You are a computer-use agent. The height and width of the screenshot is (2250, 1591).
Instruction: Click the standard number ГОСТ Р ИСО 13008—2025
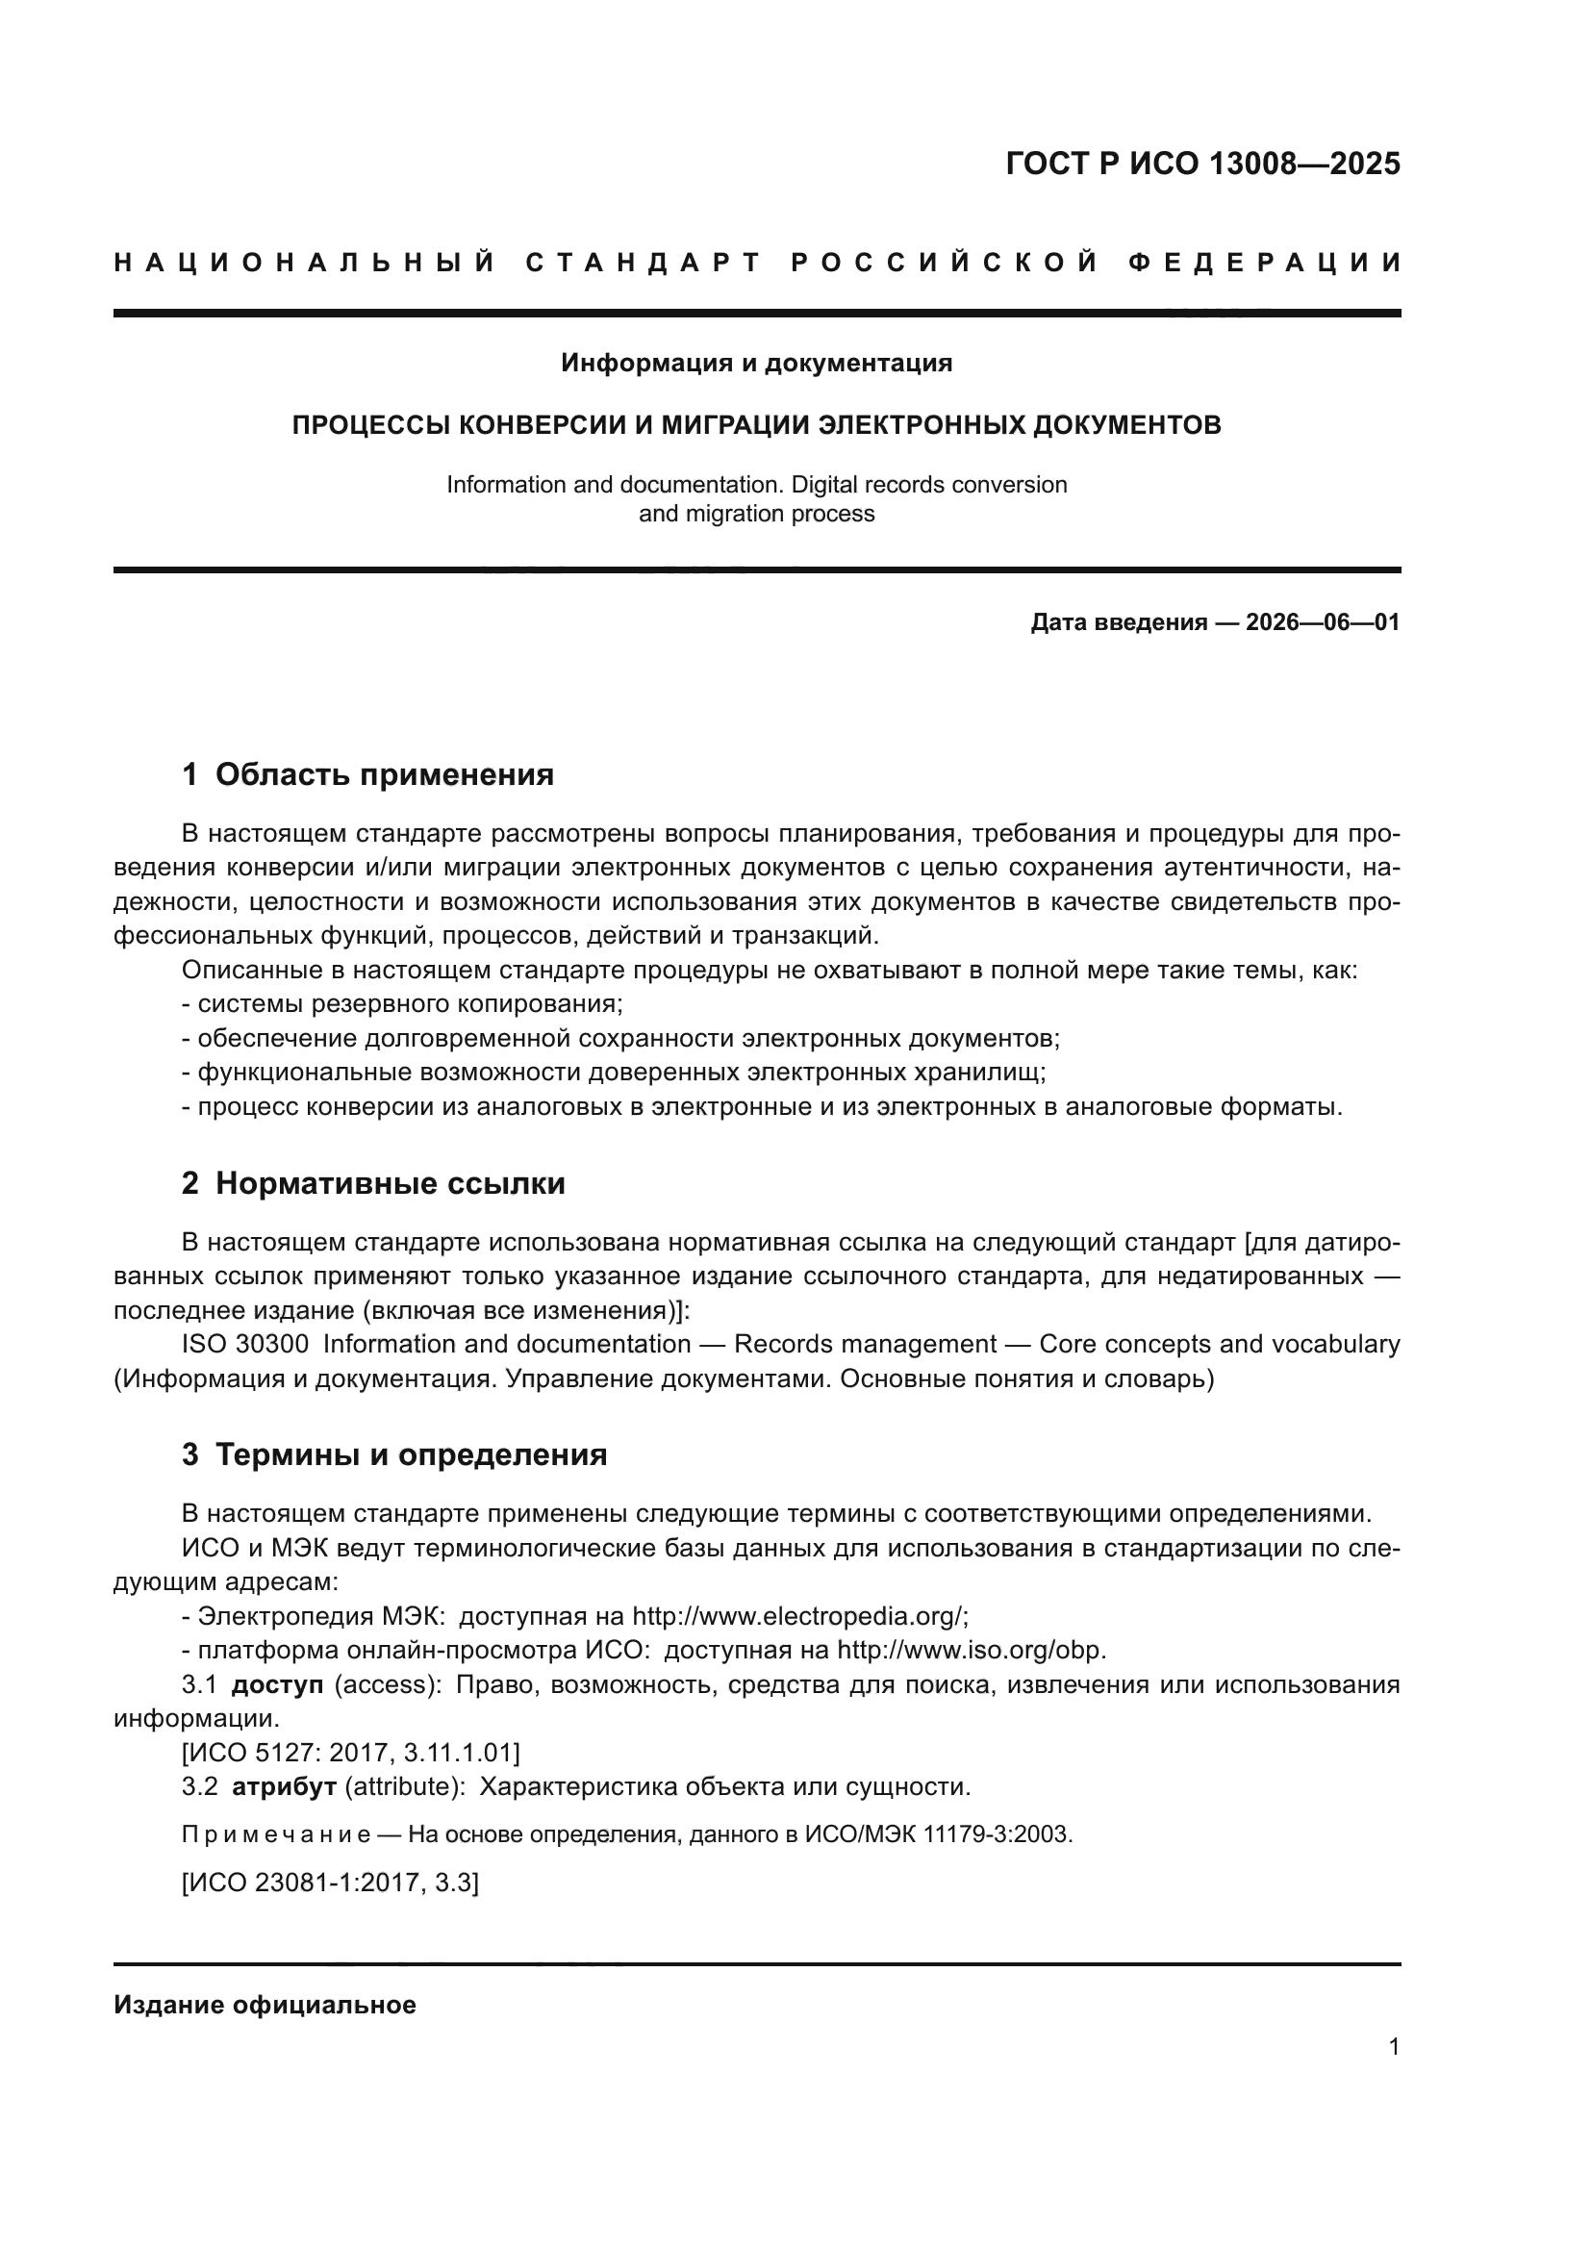tap(1202, 164)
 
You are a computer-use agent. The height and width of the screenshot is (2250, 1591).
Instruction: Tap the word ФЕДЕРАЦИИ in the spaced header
tap(1264, 263)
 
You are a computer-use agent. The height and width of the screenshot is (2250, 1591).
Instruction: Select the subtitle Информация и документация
tap(756, 364)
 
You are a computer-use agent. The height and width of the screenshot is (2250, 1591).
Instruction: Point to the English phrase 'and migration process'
tap(756, 514)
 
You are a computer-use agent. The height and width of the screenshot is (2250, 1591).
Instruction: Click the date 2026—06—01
tap(1322, 622)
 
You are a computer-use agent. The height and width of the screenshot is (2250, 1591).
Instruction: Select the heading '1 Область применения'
tap(367, 775)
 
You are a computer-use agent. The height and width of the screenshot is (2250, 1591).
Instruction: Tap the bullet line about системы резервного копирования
tap(403, 1004)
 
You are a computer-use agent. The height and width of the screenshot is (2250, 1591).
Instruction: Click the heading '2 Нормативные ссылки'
tap(373, 1184)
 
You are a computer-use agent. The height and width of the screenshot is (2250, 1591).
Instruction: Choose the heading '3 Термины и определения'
tap(393, 1455)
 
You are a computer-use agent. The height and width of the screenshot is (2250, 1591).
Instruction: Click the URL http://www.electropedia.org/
tap(799, 1616)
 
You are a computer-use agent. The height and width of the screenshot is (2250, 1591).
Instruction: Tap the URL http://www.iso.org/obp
tap(971, 1651)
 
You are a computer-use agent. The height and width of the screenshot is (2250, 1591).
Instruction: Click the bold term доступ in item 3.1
tap(276, 1685)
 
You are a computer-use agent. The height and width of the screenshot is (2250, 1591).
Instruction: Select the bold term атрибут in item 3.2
tap(284, 1786)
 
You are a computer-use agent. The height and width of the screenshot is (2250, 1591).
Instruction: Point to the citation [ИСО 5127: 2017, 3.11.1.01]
tap(350, 1752)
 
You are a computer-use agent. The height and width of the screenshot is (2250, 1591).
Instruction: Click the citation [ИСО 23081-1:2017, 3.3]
tap(330, 1883)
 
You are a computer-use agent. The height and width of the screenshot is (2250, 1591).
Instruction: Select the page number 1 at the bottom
tap(1393, 2046)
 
